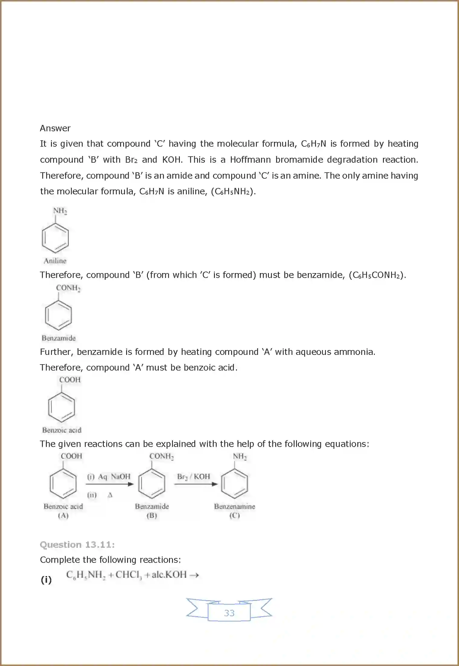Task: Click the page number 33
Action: coord(229,613)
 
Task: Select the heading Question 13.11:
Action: coord(77,545)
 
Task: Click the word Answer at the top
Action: coord(55,128)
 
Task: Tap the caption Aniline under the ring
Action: coord(55,261)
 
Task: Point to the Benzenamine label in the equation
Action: coord(234,506)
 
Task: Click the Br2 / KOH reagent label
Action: coord(193,476)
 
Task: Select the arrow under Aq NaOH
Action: coord(110,484)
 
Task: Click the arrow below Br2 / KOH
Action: coord(196,484)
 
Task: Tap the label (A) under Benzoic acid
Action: coord(63,515)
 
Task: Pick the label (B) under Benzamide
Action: coord(152,515)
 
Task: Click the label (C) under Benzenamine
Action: coord(234,515)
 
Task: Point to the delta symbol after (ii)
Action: coord(110,495)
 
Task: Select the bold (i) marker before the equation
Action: coord(46,580)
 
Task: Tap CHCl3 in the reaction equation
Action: coord(128,575)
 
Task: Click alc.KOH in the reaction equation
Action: coord(169,575)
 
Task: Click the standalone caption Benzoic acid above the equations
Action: coord(62,430)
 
